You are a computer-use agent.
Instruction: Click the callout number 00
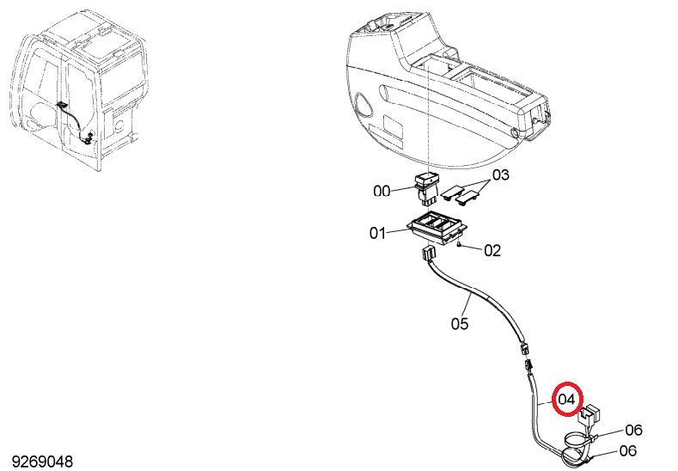tap(382, 191)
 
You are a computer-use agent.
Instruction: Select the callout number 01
tap(377, 234)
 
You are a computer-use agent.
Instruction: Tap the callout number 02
tap(492, 250)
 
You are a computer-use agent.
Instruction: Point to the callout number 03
tap(501, 174)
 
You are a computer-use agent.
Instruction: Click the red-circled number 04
tap(567, 399)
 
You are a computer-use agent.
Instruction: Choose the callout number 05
tap(460, 323)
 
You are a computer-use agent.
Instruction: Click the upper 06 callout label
tap(634, 430)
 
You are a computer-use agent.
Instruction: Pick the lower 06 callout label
tap(628, 450)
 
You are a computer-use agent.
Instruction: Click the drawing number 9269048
tap(42, 462)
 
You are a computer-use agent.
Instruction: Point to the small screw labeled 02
tap(459, 246)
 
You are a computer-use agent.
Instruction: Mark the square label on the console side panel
tap(394, 127)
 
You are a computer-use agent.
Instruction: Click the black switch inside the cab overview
tap(62, 105)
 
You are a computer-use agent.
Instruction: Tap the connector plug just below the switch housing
tap(125, 253)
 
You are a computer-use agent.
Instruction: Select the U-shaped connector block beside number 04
tap(589, 413)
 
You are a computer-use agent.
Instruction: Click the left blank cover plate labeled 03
tap(451, 191)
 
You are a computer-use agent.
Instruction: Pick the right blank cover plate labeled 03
tap(466, 197)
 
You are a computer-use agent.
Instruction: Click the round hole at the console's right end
tap(514, 132)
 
